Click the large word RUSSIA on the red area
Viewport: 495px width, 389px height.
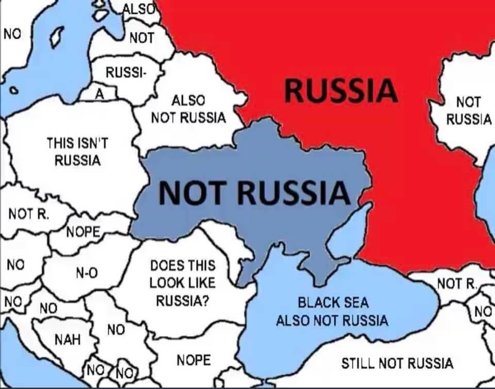[x=340, y=90]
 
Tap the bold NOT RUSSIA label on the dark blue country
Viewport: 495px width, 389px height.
[x=255, y=192]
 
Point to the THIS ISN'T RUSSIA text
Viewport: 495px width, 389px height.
[x=77, y=151]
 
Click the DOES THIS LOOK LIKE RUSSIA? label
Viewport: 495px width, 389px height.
[x=183, y=283]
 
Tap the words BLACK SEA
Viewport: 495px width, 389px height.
[x=333, y=302]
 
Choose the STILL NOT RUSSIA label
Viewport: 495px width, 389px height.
[x=397, y=363]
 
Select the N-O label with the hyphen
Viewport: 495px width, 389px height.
[x=87, y=273]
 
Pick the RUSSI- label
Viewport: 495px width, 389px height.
[x=126, y=73]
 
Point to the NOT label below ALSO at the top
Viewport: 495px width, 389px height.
[x=141, y=37]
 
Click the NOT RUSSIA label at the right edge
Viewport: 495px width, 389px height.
[x=468, y=110]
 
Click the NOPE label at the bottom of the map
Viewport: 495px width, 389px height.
[x=193, y=360]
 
